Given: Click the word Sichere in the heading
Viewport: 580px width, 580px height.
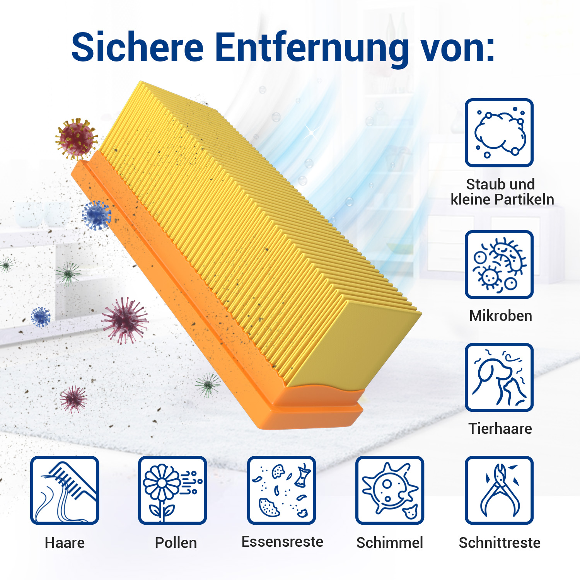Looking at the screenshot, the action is pyautogui.click(x=138, y=47).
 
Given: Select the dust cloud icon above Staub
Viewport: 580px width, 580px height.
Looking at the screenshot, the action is pyautogui.click(x=499, y=133).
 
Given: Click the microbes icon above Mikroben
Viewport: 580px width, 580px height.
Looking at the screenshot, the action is pyautogui.click(x=499, y=264).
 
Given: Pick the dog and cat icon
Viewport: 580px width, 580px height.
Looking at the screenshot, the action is pyautogui.click(x=499, y=377).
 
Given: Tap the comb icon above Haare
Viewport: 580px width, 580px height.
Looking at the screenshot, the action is pyautogui.click(x=65, y=490).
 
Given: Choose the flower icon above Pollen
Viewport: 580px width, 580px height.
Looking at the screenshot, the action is pyautogui.click(x=172, y=490).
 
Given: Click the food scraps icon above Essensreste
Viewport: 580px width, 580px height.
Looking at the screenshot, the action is pyautogui.click(x=281, y=490).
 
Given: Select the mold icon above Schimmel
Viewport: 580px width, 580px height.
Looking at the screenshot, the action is pyautogui.click(x=390, y=490).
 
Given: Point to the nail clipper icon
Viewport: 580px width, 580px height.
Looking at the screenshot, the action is pyautogui.click(x=499, y=490).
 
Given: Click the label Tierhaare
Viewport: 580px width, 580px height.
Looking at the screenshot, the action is pyautogui.click(x=500, y=428).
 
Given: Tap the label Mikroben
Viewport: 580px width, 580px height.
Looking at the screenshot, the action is pyautogui.click(x=501, y=316).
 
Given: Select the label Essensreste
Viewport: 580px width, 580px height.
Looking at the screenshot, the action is pyautogui.click(x=282, y=542).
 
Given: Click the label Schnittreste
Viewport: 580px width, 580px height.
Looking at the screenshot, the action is pyautogui.click(x=500, y=542).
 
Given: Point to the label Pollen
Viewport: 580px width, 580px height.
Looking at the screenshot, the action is pyautogui.click(x=176, y=542).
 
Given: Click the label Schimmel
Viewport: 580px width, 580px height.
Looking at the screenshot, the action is pyautogui.click(x=390, y=542).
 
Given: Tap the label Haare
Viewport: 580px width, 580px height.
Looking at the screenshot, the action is pyautogui.click(x=65, y=542).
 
